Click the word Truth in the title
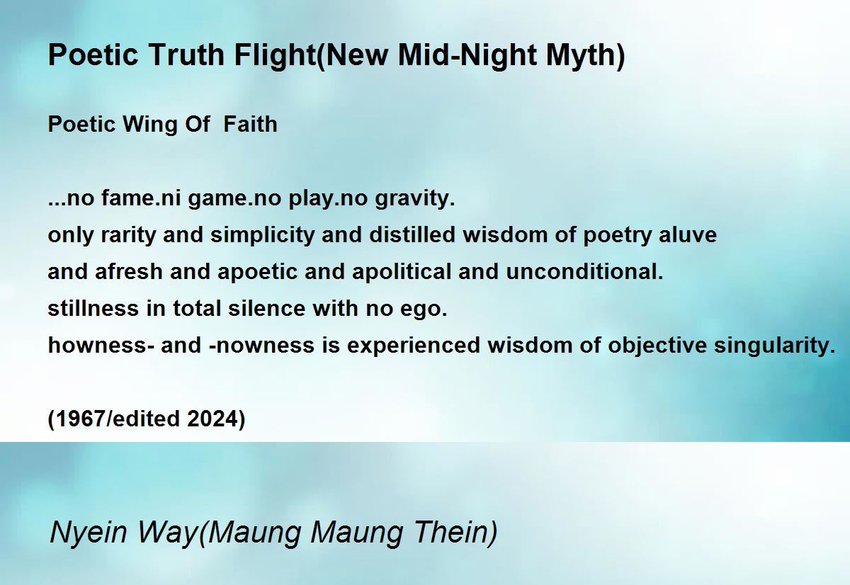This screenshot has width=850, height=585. pyautogui.click(x=186, y=55)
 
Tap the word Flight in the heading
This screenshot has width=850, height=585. pyautogui.click(x=274, y=56)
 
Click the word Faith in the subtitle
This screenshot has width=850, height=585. pyautogui.click(x=251, y=124)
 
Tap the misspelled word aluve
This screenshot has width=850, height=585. pyautogui.click(x=688, y=235)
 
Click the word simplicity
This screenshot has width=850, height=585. pyautogui.click(x=263, y=236)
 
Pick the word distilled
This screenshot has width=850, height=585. pyautogui.click(x=412, y=235)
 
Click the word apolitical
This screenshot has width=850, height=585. pyautogui.click(x=402, y=273)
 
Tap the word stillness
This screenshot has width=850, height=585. pyautogui.click(x=93, y=308)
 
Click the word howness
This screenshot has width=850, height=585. pyautogui.click(x=98, y=345)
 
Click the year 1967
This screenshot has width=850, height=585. pyautogui.click(x=79, y=419)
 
